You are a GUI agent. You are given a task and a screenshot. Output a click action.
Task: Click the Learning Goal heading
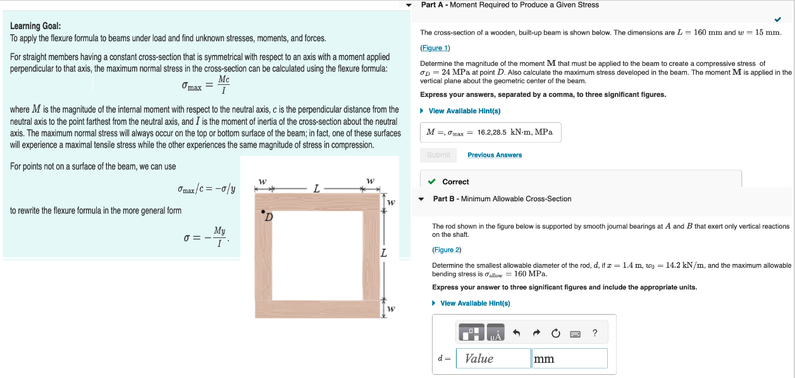35,26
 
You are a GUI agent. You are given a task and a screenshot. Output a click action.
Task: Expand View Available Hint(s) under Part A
464,111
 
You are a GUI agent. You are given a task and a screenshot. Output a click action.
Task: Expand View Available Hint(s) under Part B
474,303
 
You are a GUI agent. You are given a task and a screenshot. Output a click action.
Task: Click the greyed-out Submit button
438,155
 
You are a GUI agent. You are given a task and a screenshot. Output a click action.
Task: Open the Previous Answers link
495,155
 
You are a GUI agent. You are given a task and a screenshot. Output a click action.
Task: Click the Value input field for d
493,358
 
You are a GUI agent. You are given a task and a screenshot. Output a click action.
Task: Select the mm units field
569,358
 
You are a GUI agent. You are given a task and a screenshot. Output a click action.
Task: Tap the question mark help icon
595,332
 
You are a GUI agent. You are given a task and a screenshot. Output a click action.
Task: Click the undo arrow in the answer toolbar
516,332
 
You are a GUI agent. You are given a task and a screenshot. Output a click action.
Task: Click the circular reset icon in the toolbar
556,332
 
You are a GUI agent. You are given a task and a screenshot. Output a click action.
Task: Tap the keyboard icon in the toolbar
576,332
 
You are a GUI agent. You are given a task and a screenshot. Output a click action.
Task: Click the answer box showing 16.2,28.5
490,132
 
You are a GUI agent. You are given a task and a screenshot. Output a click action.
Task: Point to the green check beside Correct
431,182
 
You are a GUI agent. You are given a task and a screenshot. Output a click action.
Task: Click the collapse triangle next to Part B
422,199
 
